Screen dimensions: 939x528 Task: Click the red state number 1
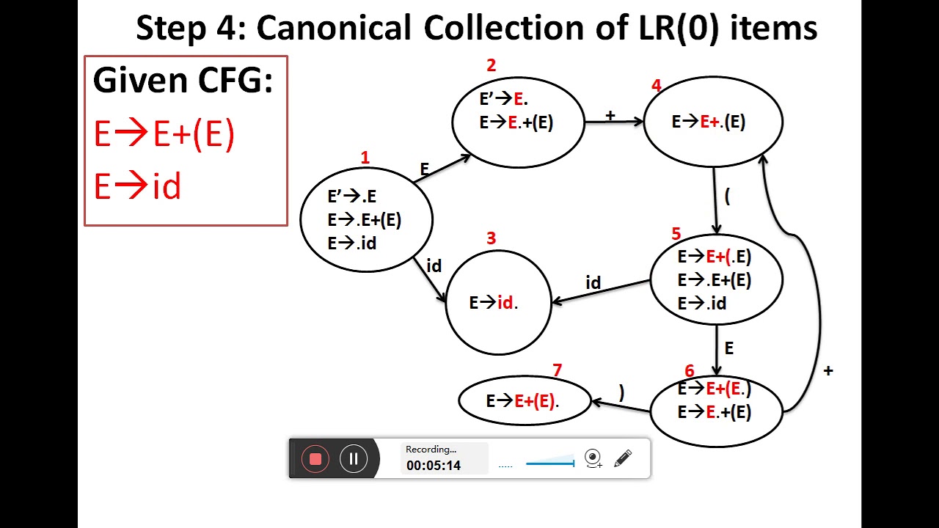(x=365, y=158)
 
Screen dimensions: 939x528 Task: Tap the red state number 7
(x=558, y=370)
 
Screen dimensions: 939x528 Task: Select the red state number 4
(x=656, y=86)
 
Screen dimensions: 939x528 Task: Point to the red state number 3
(x=491, y=238)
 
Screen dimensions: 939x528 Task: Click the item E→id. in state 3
(x=494, y=303)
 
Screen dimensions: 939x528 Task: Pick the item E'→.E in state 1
(x=351, y=197)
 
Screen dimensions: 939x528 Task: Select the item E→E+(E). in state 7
(x=523, y=401)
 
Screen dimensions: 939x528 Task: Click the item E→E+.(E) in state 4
(x=709, y=122)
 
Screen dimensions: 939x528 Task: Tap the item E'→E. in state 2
(x=504, y=99)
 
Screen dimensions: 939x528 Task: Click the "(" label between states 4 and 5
(x=727, y=196)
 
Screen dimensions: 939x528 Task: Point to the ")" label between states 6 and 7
(x=621, y=393)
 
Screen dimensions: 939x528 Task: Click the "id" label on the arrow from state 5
(x=593, y=283)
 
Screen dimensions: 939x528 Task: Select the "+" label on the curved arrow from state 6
(x=828, y=371)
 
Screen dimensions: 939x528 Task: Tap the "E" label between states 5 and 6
(x=728, y=348)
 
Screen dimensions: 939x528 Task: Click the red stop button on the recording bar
(x=315, y=459)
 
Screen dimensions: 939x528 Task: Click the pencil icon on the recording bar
(x=623, y=459)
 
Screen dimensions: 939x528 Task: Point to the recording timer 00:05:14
(x=434, y=466)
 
